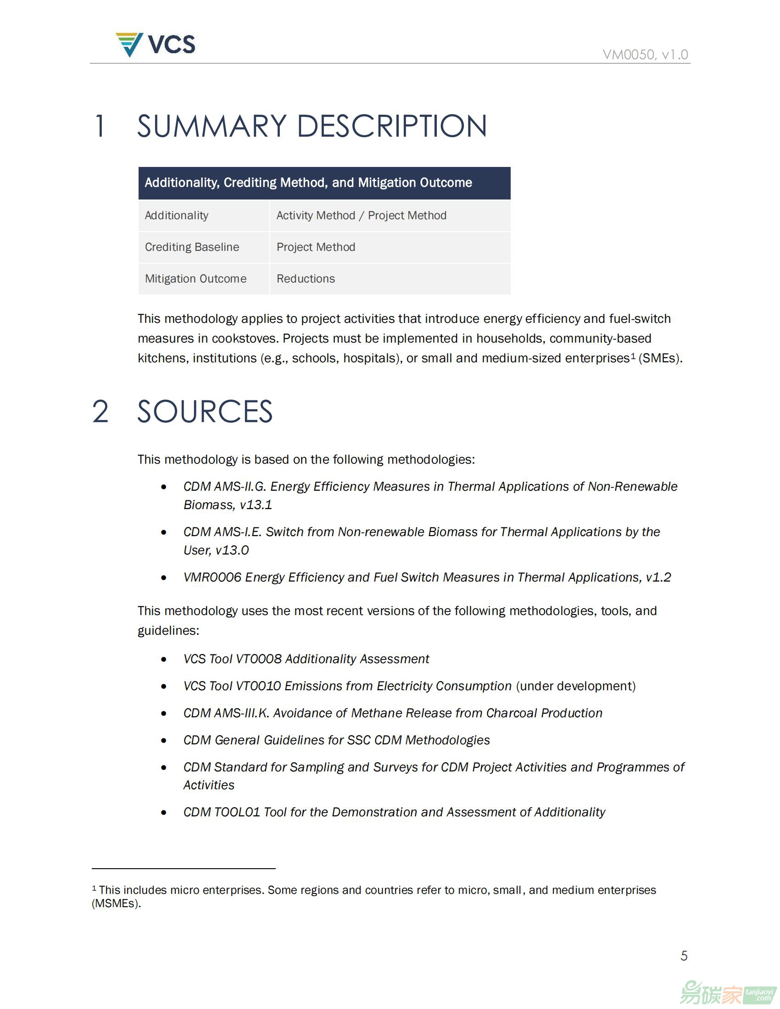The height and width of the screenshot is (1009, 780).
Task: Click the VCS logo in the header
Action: pyautogui.click(x=155, y=44)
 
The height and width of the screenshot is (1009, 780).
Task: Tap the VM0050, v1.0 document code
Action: pyautogui.click(x=645, y=55)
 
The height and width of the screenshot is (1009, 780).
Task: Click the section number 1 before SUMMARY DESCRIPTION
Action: pyautogui.click(x=100, y=126)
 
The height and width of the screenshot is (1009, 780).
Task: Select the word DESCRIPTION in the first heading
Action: pyautogui.click(x=392, y=126)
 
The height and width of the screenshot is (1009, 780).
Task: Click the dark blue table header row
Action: pyautogui.click(x=324, y=183)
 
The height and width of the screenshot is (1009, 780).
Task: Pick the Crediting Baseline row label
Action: pyautogui.click(x=192, y=247)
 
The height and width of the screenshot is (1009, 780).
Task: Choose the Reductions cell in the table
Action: pyautogui.click(x=306, y=278)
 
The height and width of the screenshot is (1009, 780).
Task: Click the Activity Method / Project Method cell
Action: pyautogui.click(x=362, y=215)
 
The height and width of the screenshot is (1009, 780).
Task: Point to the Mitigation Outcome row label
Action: pyautogui.click(x=195, y=278)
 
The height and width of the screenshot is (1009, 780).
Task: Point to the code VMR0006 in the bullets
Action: pyautogui.click(x=212, y=577)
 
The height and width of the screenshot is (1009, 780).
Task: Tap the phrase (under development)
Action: pyautogui.click(x=576, y=686)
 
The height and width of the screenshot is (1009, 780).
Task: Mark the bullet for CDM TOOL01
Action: pyautogui.click(x=164, y=812)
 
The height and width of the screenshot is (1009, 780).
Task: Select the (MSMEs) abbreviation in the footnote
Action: pyautogui.click(x=117, y=903)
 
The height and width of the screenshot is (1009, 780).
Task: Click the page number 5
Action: pyautogui.click(x=684, y=955)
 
